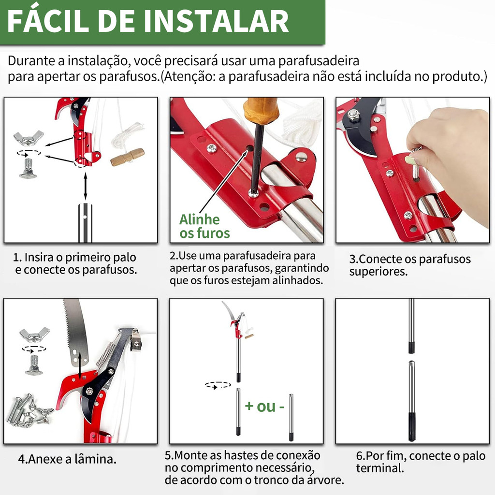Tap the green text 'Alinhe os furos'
pos(204,226)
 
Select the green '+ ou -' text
pos(264,406)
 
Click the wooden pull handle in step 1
pos(127,157)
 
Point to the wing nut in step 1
pos(29,138)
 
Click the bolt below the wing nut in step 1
pos(28,168)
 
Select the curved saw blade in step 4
pos(75,332)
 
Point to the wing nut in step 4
pos(34,335)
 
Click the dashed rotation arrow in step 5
pos(218,385)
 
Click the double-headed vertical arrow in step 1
pos(85,186)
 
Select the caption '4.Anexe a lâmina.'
pos(67,459)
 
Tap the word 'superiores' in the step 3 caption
pos(377,272)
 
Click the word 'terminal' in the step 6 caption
pos(380,468)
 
